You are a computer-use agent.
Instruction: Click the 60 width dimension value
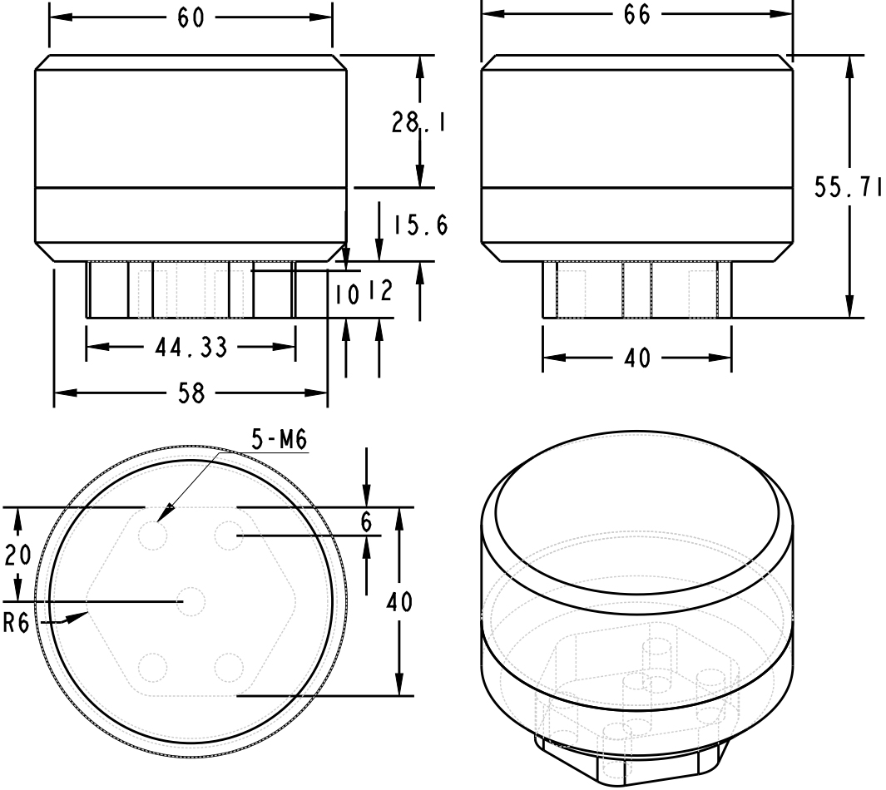pyautogui.click(x=191, y=18)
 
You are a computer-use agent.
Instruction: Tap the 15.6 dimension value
pyautogui.click(x=420, y=225)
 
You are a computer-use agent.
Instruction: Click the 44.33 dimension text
pyautogui.click(x=191, y=348)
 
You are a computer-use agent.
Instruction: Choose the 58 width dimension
pyautogui.click(x=191, y=394)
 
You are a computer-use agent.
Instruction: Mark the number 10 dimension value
pyautogui.click(x=345, y=293)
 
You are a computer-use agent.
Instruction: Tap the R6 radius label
pyautogui.click(x=17, y=623)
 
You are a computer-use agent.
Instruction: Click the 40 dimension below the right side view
pyautogui.click(x=637, y=359)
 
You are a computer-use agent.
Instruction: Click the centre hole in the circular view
pyautogui.click(x=191, y=600)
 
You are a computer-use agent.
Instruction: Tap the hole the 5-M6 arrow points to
pyautogui.click(x=153, y=535)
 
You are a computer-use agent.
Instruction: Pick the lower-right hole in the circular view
pyautogui.click(x=229, y=667)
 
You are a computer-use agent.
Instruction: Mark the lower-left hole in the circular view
pyautogui.click(x=153, y=667)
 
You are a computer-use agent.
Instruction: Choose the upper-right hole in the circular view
pyautogui.click(x=229, y=535)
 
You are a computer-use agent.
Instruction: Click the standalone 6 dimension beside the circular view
pyautogui.click(x=366, y=521)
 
